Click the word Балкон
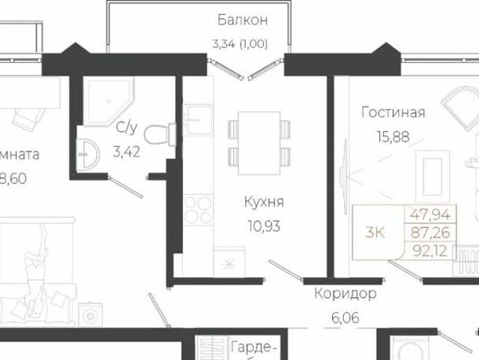tap(242, 20)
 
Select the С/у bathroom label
tap(125, 128)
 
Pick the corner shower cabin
tap(105, 102)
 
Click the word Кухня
tap(263, 202)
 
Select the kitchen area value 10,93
tap(263, 226)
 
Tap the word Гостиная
tap(393, 113)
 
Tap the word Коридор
tap(345, 293)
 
